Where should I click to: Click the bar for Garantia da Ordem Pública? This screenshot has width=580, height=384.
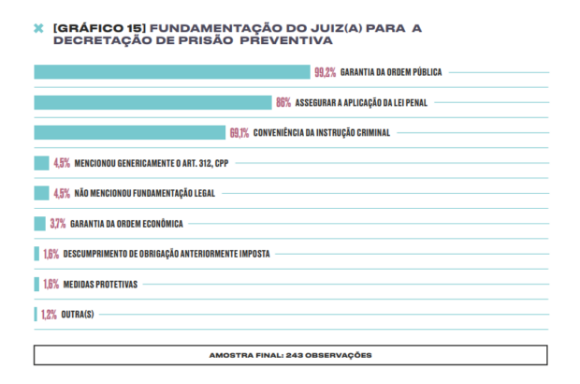(171, 72)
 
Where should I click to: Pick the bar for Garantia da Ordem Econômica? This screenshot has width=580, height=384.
(39, 223)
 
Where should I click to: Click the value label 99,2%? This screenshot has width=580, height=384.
(326, 72)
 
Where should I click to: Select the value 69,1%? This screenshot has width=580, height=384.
(239, 133)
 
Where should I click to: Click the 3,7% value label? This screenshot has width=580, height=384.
(57, 223)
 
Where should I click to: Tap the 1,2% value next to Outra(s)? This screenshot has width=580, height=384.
(49, 314)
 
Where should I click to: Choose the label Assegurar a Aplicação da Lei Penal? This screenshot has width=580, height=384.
(362, 102)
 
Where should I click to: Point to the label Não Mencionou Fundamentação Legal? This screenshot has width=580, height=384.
(144, 193)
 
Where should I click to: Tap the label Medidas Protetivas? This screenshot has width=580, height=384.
(101, 284)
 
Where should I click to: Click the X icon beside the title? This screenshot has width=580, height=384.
(38, 29)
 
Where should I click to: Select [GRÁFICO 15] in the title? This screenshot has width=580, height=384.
(93, 28)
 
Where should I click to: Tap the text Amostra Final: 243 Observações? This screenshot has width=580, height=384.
(290, 355)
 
